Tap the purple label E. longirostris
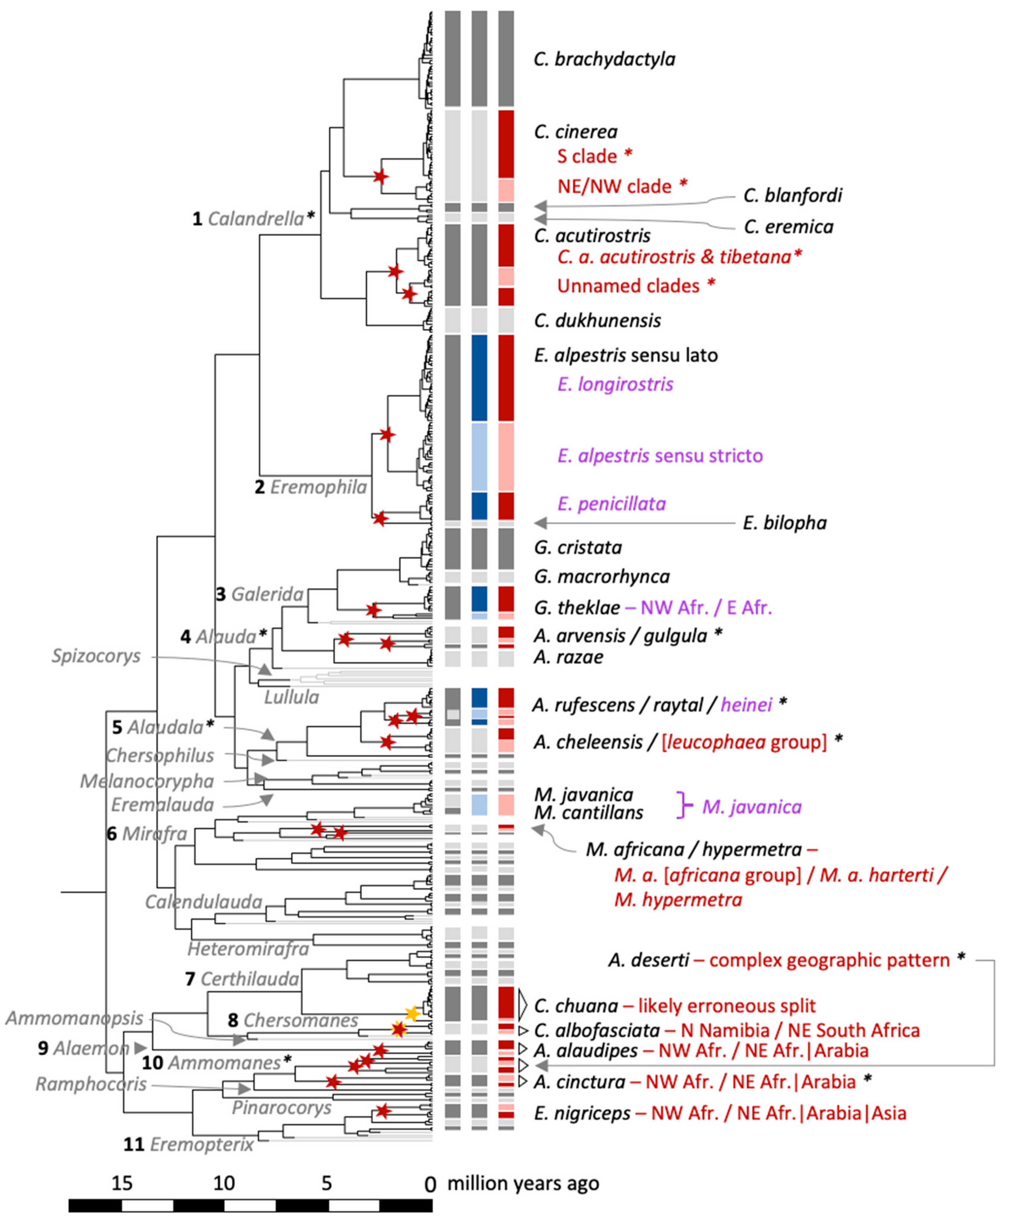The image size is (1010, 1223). point(615,384)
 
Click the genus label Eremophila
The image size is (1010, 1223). point(318,487)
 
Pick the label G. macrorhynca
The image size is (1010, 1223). point(602,576)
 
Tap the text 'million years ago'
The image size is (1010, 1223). point(523,1183)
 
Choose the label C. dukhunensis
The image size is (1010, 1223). point(598,320)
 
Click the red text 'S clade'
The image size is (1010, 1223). point(587,156)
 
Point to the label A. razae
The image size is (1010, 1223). point(568,657)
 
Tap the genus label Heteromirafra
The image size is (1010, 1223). point(248,949)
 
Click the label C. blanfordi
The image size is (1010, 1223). point(792,195)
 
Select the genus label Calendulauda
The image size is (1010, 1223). point(204,902)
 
